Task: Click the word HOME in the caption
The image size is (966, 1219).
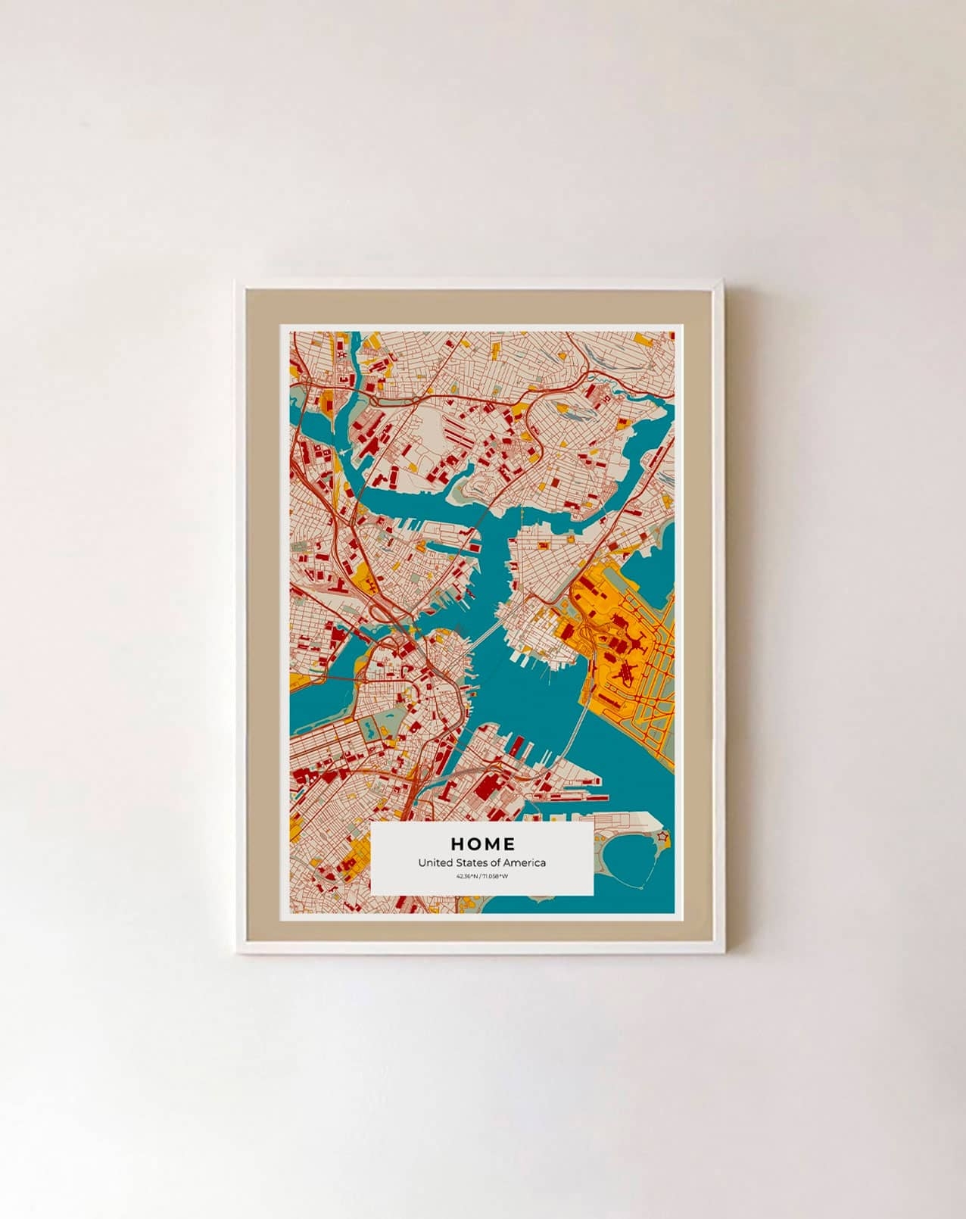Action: click(x=482, y=844)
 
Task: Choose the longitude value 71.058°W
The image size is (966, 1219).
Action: click(x=495, y=877)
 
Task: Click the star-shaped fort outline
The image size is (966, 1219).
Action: click(x=663, y=837)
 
